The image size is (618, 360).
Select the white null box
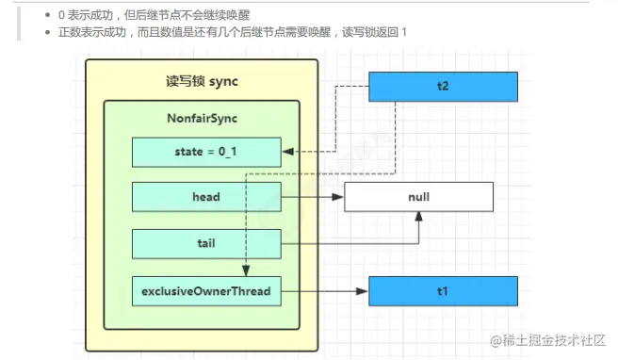(x=418, y=198)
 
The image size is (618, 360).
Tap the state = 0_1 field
(x=206, y=151)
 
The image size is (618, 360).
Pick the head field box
(x=206, y=197)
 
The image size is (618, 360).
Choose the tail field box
(x=206, y=243)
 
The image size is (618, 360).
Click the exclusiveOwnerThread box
(x=206, y=291)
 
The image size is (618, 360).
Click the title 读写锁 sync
(x=202, y=81)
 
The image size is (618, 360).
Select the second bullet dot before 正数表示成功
(x=48, y=33)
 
